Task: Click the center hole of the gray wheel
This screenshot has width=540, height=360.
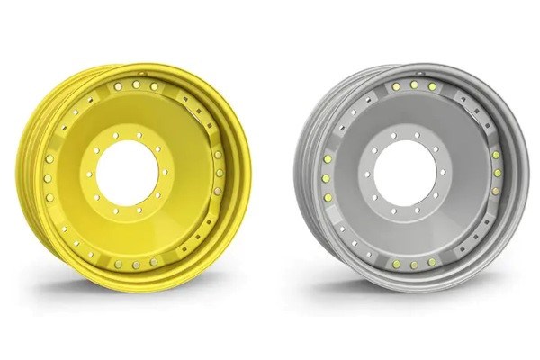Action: click(x=406, y=173)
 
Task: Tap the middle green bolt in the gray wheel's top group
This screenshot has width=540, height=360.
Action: click(x=414, y=85)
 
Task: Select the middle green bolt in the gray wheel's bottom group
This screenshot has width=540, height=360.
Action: click(x=413, y=265)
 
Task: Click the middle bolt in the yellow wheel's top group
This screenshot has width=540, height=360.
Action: click(x=137, y=84)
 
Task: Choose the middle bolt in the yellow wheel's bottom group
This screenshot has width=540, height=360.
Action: click(x=136, y=264)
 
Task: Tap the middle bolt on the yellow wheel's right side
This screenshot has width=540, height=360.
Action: click(x=220, y=172)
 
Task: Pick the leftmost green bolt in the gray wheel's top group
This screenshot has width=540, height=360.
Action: click(x=396, y=86)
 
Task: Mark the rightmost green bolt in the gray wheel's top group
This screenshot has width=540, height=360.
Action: click(x=432, y=86)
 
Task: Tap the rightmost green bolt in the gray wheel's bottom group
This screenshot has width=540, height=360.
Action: click(x=431, y=262)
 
